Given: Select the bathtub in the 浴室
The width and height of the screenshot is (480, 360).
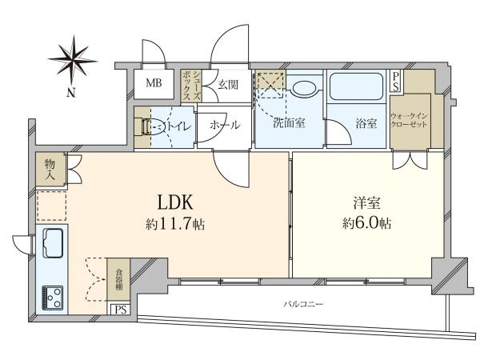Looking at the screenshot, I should pos(356,88).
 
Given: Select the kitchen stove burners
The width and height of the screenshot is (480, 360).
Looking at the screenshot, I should pos(53,297).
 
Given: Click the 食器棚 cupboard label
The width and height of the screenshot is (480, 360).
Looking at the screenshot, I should pos(118,280).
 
